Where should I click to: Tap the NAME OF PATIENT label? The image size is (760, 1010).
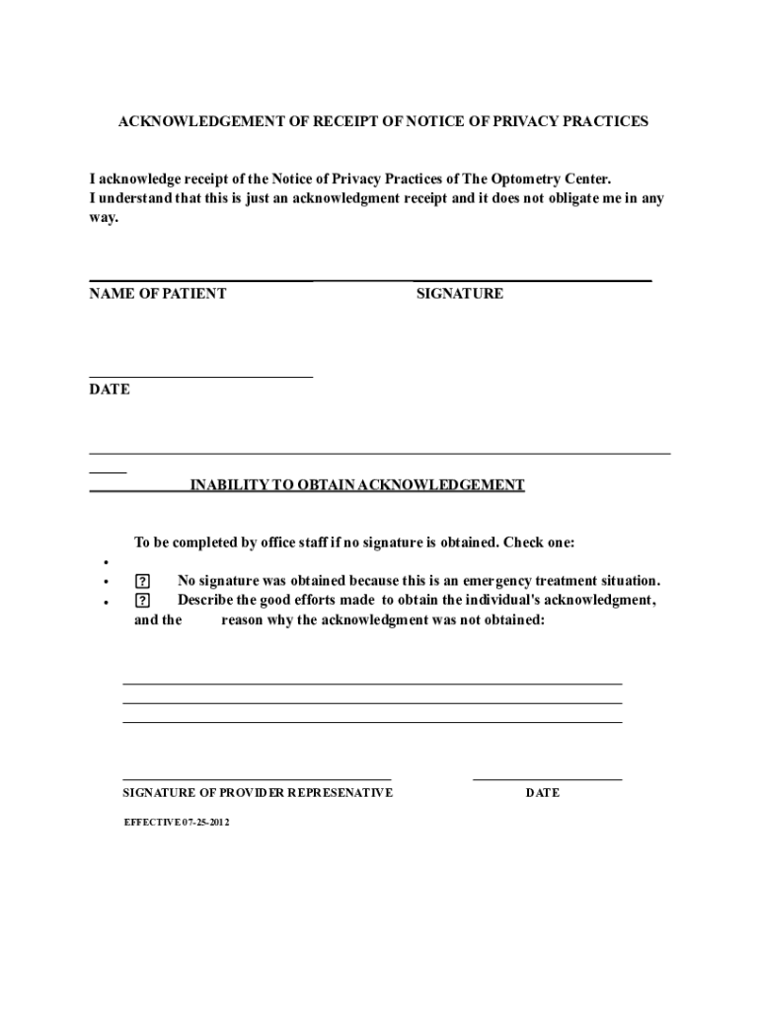tap(158, 293)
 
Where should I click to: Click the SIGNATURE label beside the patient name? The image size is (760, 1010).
tap(460, 293)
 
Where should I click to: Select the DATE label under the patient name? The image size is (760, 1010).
tap(110, 390)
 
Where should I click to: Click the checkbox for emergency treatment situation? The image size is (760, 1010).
tap(143, 581)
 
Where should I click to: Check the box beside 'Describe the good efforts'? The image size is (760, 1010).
tap(143, 600)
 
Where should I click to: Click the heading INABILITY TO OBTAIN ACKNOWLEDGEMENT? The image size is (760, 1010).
tap(357, 485)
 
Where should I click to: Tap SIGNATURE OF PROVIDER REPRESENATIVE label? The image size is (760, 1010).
tap(258, 793)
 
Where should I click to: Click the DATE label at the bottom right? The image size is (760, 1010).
tap(543, 793)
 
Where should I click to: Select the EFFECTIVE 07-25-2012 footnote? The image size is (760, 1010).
tap(177, 822)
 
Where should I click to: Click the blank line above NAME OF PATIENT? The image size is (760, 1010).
tap(201, 281)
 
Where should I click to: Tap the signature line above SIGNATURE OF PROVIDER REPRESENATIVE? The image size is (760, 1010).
tap(257, 780)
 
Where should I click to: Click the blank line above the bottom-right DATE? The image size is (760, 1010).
tap(548, 780)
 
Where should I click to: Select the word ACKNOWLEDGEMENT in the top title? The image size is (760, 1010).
tap(198, 121)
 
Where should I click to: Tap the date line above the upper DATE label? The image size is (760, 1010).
tap(201, 377)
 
